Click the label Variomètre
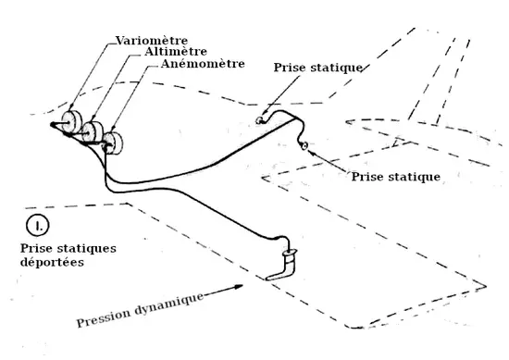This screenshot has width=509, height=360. (x=152, y=41)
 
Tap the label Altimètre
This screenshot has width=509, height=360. (x=176, y=52)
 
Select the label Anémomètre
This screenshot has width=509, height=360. (x=203, y=64)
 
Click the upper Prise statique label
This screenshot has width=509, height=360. (x=318, y=68)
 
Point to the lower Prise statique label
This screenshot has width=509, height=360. (x=396, y=177)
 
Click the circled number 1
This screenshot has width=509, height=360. (x=38, y=226)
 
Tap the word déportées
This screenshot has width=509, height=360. (x=52, y=262)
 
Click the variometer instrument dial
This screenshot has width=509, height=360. (x=71, y=122)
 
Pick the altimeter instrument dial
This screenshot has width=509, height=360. (x=93, y=131)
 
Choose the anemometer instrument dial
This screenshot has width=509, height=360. (x=112, y=143)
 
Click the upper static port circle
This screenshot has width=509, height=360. (x=259, y=120)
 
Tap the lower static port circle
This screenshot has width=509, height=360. (x=304, y=146)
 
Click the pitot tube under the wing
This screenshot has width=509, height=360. (x=283, y=265)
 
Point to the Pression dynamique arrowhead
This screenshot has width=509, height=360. (x=239, y=287)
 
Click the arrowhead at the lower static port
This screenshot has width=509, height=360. (x=310, y=151)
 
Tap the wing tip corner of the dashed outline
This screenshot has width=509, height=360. (x=486, y=286)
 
